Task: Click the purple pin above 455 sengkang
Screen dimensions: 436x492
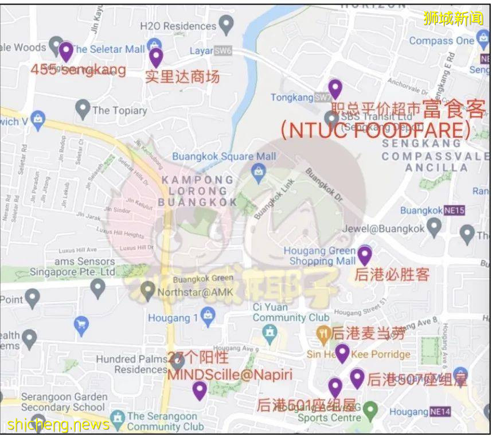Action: tap(66, 52)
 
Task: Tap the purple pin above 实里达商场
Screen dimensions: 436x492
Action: tap(156, 57)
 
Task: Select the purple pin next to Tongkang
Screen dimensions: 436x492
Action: tap(335, 89)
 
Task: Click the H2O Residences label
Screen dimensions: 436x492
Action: tap(178, 26)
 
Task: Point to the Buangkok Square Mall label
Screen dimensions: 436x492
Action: tap(224, 156)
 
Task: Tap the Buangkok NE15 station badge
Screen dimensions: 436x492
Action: tap(454, 211)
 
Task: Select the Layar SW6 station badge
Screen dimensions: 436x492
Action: tap(223, 51)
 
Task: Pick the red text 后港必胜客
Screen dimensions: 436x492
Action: tap(392, 274)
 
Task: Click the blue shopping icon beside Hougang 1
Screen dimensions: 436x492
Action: tap(208, 314)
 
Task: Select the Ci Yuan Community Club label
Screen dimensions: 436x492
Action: tap(291, 312)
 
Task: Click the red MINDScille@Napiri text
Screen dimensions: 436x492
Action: tap(229, 375)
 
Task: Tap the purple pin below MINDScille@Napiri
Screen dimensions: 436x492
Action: tap(199, 391)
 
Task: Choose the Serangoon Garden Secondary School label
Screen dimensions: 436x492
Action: tap(64, 402)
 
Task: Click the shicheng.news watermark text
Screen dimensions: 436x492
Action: tap(58, 425)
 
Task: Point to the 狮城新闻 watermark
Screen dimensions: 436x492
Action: tap(453, 18)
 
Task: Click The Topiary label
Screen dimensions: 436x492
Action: tap(119, 110)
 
